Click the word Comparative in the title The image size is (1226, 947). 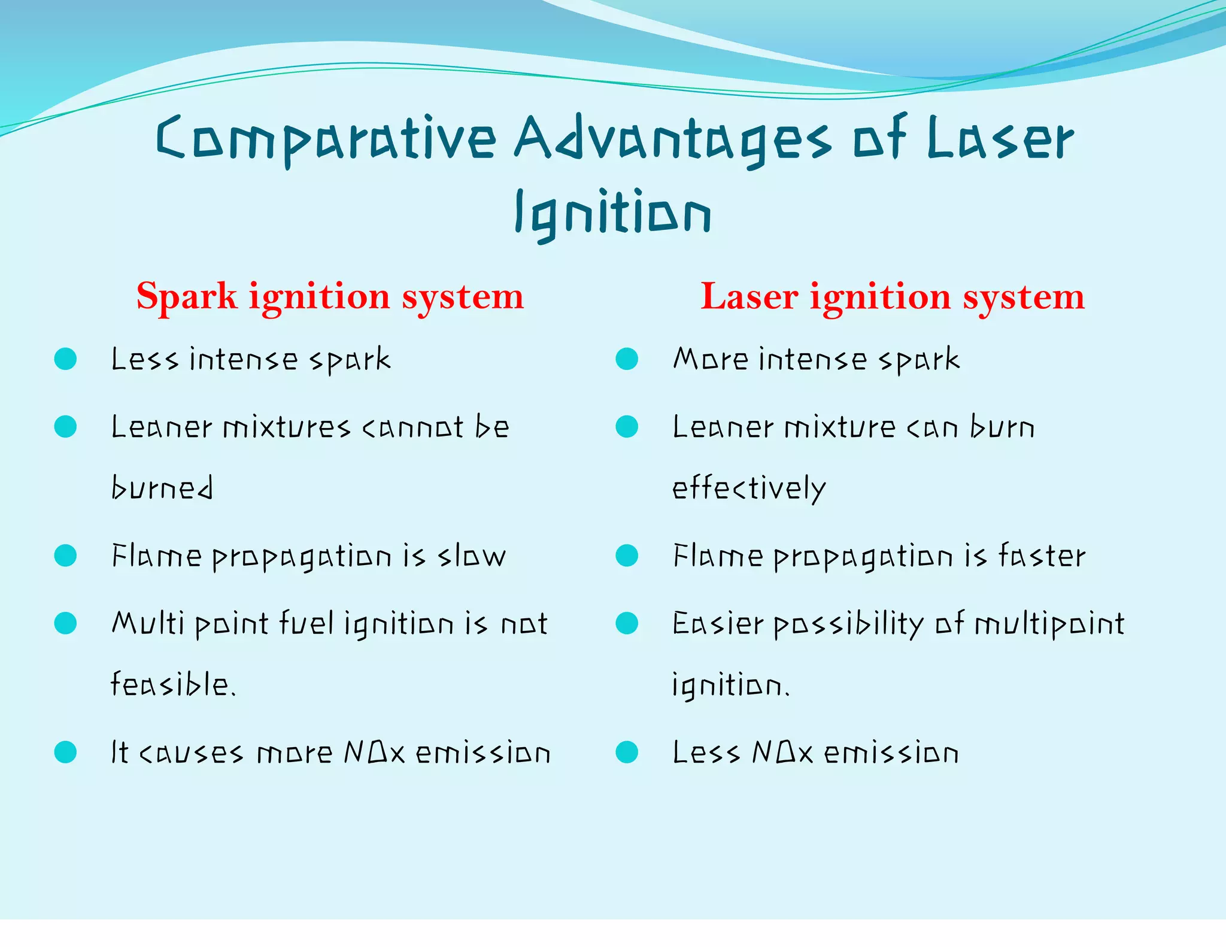326,139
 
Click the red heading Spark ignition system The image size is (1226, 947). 330,296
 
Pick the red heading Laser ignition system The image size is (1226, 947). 892,296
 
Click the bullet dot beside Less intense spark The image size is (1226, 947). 65,359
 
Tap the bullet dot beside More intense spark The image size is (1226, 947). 627,359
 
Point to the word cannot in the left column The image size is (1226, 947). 412,428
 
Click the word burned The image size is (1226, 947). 162,488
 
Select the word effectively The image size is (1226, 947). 749,488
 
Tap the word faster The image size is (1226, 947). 1041,556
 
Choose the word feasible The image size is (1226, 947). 172,684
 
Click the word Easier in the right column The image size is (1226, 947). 718,624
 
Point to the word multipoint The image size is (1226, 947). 1049,624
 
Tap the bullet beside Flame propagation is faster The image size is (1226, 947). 627,556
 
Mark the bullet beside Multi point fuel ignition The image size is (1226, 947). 65,623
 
